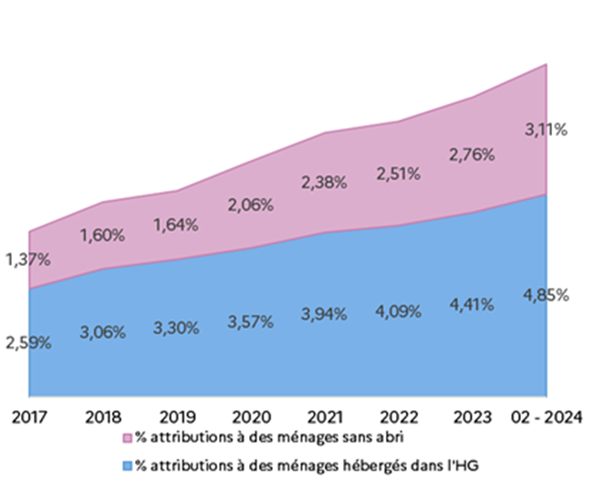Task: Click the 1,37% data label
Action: [x=27, y=260]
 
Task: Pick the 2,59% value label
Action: [x=27, y=344]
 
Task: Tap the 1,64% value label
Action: [x=176, y=225]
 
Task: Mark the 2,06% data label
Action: [x=250, y=205]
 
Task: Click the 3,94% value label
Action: [x=324, y=314]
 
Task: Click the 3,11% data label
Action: [x=546, y=130]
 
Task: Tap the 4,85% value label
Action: [x=546, y=294]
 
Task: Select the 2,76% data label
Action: [x=472, y=154]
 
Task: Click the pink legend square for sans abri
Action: [x=128, y=435]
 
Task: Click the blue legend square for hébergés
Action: [x=128, y=466]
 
